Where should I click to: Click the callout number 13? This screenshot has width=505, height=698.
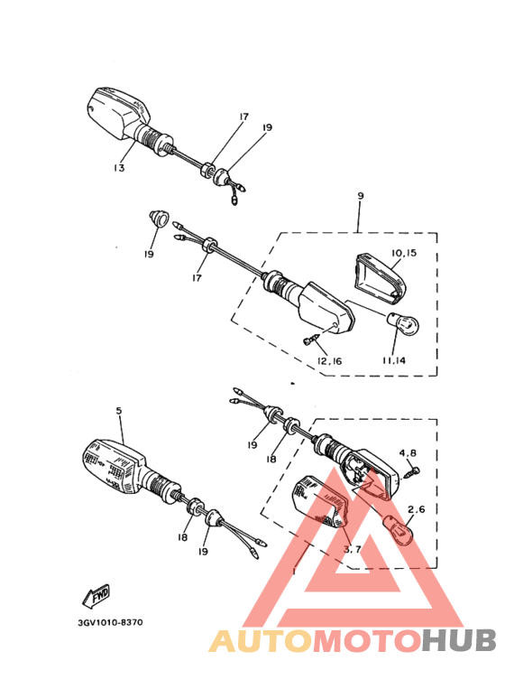[x=119, y=169]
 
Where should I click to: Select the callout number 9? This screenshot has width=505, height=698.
[x=360, y=196]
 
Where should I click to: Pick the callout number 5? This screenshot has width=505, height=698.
[x=118, y=411]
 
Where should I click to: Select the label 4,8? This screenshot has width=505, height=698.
[x=408, y=452]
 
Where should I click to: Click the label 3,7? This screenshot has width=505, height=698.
[x=353, y=547]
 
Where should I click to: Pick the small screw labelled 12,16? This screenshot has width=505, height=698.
[x=311, y=340]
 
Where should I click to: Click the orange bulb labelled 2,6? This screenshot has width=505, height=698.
[x=399, y=527]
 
